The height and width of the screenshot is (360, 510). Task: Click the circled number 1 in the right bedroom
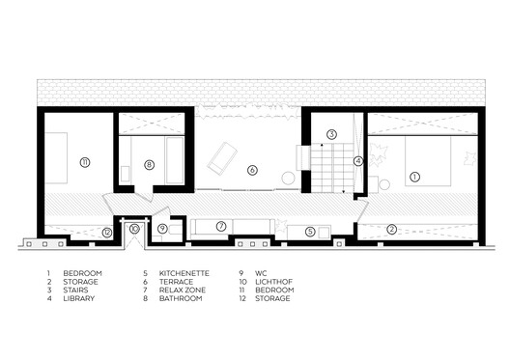pyautogui.click(x=414, y=177)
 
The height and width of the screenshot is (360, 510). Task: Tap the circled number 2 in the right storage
pyautogui.click(x=391, y=230)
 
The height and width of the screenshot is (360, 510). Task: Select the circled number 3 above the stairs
pyautogui.click(x=330, y=133)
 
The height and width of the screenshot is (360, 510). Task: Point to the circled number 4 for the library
pyautogui.click(x=357, y=161)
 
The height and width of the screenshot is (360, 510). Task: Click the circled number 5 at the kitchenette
pyautogui.click(x=309, y=232)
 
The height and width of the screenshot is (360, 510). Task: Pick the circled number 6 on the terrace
pyautogui.click(x=252, y=170)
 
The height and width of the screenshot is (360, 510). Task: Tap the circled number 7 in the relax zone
pyautogui.click(x=221, y=227)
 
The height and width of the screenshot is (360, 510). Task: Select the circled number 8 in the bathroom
pyautogui.click(x=149, y=165)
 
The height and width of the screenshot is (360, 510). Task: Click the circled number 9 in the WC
pyautogui.click(x=163, y=229)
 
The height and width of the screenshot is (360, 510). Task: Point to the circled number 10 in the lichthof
pyautogui.click(x=134, y=229)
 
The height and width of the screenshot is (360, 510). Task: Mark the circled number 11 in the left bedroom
pyautogui.click(x=85, y=161)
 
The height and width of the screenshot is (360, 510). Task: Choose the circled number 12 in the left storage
pyautogui.click(x=107, y=232)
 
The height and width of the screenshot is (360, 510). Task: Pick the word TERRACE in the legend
pyautogui.click(x=174, y=282)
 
